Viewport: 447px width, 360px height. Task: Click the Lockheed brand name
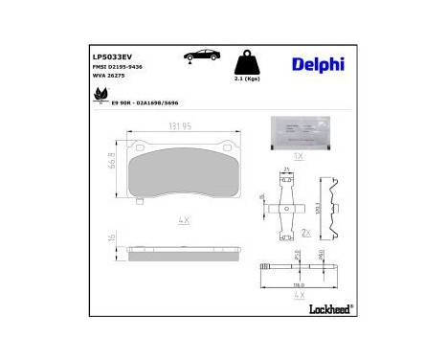331,308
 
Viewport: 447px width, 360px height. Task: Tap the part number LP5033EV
110,56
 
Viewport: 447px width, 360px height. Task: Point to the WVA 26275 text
109,79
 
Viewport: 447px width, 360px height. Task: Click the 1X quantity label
298,154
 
